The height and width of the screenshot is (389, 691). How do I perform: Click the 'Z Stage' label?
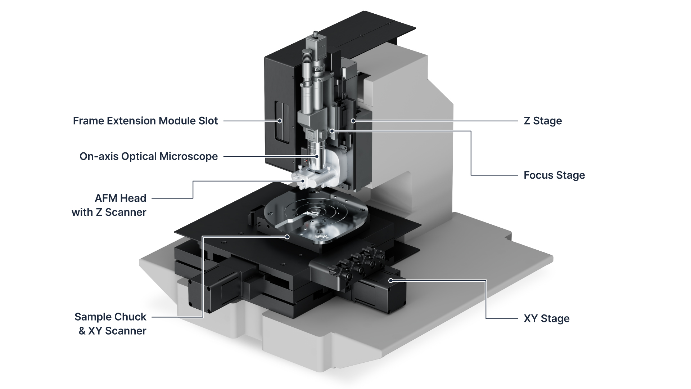click(x=543, y=121)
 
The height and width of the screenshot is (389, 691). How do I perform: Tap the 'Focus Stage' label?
click(x=554, y=175)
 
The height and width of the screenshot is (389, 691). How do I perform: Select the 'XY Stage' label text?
click(x=546, y=318)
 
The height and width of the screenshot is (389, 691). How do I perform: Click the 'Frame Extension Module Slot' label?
click(x=145, y=121)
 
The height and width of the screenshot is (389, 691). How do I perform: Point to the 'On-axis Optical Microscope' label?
click(x=148, y=156)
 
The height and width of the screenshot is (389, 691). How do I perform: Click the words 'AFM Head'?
click(x=120, y=198)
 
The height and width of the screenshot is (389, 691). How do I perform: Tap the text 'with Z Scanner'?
click(x=109, y=212)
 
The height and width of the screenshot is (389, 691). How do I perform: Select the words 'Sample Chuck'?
click(x=110, y=317)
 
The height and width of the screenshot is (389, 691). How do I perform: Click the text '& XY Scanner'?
click(x=112, y=331)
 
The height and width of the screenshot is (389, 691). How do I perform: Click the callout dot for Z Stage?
click(x=353, y=121)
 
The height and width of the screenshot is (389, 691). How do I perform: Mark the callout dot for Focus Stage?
click(x=332, y=131)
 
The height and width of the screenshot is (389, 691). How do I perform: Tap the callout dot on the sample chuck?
click(x=287, y=237)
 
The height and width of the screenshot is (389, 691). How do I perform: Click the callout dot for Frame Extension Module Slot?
click(x=279, y=121)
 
